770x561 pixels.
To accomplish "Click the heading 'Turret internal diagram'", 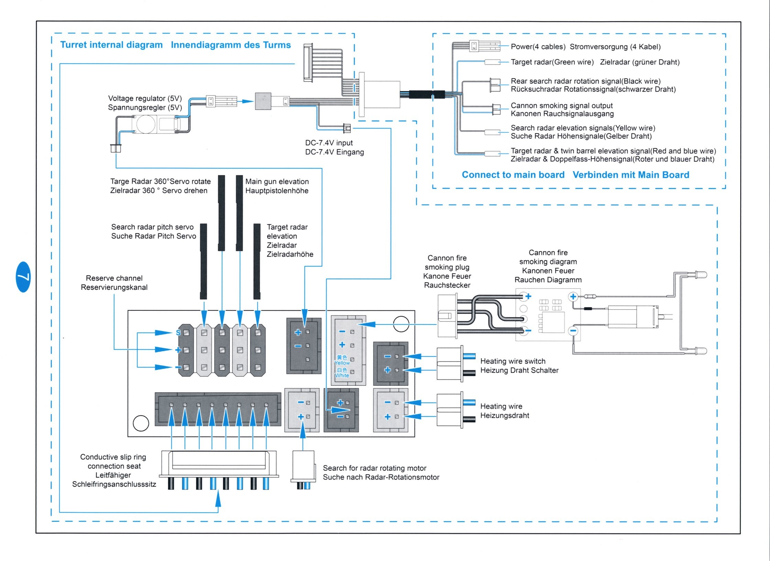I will [x=111, y=45].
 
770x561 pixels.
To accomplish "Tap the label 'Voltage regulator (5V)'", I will [x=145, y=99].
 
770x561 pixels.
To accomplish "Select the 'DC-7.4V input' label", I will [x=329, y=143].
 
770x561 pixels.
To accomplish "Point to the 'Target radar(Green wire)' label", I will [x=552, y=62].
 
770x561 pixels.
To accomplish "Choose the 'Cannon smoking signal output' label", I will [x=561, y=106].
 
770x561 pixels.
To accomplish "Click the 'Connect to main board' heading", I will [x=513, y=175].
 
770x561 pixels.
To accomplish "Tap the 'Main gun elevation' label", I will [x=277, y=181].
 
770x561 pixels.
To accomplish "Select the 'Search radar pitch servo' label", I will [x=152, y=227].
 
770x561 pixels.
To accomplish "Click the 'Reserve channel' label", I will [x=114, y=278].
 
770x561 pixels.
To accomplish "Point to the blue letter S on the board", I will [x=178, y=332].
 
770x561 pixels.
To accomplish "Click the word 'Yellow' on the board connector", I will [x=342, y=363].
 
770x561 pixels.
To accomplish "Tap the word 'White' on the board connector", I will [x=342, y=375].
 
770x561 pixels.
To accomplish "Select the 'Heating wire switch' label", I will [x=513, y=361].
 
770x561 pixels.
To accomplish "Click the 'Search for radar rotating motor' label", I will [x=374, y=468].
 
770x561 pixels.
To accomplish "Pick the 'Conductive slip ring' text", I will [x=113, y=457].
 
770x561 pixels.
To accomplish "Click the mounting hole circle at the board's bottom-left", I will [x=141, y=423].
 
